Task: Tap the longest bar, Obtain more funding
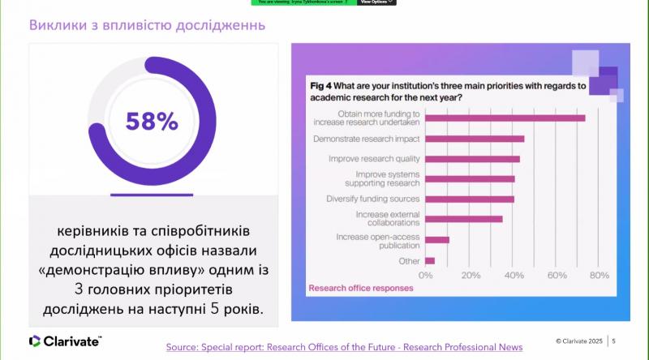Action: (x=505, y=118)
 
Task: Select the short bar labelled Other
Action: (x=430, y=260)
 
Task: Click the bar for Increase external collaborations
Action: (x=464, y=219)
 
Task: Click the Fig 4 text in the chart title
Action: (x=322, y=85)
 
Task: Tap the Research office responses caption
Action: (x=360, y=287)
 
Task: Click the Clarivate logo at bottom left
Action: (x=65, y=341)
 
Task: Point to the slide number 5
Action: (x=614, y=341)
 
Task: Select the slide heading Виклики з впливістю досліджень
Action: (x=148, y=25)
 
